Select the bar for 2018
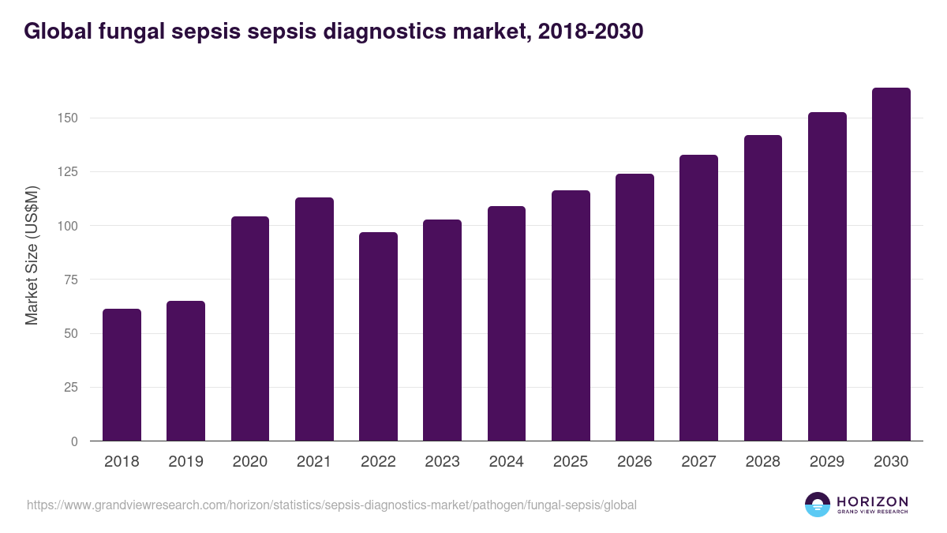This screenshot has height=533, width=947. tap(122, 374)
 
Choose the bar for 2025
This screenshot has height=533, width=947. tap(571, 315)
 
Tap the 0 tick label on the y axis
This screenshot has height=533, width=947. tap(74, 441)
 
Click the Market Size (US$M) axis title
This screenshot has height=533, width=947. tap(32, 254)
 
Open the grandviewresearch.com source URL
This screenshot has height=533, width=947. tap(331, 505)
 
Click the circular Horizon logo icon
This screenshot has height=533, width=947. tap(818, 505)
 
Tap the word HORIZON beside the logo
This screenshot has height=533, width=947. tap(872, 501)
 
